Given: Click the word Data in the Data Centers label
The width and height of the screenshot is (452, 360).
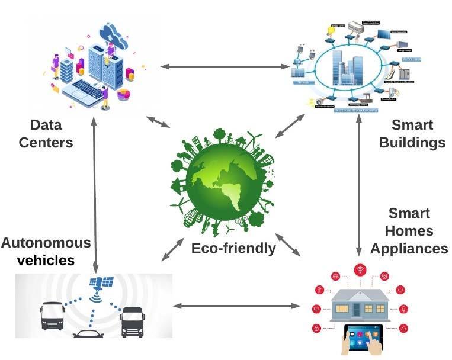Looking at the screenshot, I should pos(46,125).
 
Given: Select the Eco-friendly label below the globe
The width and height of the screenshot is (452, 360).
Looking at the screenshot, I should pos(233,248).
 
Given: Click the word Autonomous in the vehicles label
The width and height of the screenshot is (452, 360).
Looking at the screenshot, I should pos(46,243).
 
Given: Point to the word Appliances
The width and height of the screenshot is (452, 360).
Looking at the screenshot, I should pos(409,248).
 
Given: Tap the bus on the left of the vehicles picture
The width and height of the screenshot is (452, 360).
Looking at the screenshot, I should pos(52,316).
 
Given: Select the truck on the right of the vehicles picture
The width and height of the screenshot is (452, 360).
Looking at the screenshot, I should pos(132,320).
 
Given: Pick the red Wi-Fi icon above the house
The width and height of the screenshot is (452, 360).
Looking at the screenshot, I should pos(360,271).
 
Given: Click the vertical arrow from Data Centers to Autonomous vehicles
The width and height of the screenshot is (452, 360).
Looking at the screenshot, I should pos(95,195).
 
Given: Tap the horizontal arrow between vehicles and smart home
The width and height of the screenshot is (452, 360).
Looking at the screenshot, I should pos(236,306).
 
